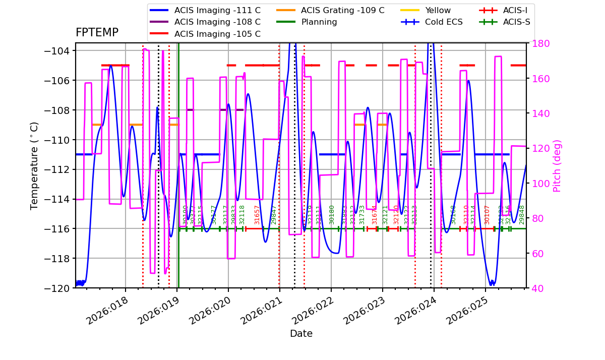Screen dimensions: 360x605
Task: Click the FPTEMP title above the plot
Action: click(97, 33)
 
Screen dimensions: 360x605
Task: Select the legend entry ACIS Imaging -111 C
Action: click(217, 10)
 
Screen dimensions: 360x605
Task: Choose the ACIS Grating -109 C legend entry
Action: click(342, 10)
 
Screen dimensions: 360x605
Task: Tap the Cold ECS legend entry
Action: click(444, 22)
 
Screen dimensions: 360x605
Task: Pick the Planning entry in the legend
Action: click(319, 22)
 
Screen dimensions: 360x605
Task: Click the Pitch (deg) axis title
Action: click(557, 165)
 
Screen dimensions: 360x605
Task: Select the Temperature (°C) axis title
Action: click(34, 165)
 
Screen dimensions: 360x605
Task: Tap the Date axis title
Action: click(301, 334)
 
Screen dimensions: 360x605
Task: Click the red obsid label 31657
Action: click(257, 215)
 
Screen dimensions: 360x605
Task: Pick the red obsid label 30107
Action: click(487, 215)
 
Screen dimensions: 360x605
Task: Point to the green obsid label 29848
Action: click(522, 215)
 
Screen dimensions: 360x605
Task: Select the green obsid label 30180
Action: click(332, 215)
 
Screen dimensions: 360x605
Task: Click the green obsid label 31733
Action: click(362, 215)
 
